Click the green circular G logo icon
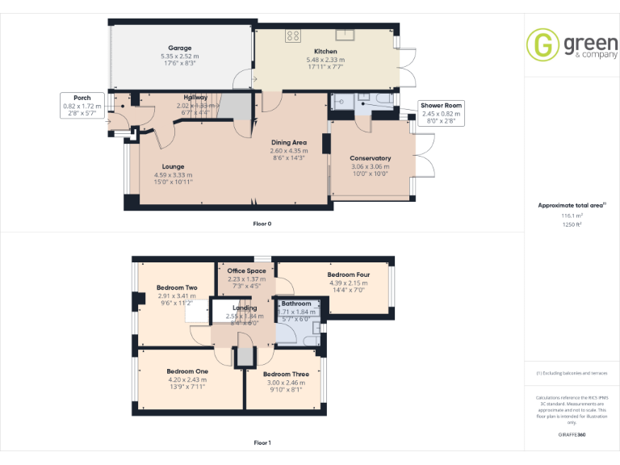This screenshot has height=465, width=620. [543, 44]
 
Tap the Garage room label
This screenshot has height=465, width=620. [179, 48]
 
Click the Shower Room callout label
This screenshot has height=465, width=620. [441, 106]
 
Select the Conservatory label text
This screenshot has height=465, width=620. [370, 158]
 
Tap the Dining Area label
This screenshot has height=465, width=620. [288, 143]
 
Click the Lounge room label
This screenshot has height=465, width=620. [173, 167]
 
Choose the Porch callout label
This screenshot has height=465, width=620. [82, 98]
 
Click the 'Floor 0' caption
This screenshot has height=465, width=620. [262, 223]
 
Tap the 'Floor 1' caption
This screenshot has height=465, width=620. [262, 442]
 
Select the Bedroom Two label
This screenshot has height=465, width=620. [176, 288]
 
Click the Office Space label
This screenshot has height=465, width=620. [246, 271]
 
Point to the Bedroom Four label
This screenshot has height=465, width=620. [348, 274]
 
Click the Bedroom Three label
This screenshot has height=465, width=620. [285, 375]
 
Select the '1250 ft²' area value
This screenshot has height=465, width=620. [572, 224]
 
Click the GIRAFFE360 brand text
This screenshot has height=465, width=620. [572, 434]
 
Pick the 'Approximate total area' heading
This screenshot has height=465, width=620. [571, 206]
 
